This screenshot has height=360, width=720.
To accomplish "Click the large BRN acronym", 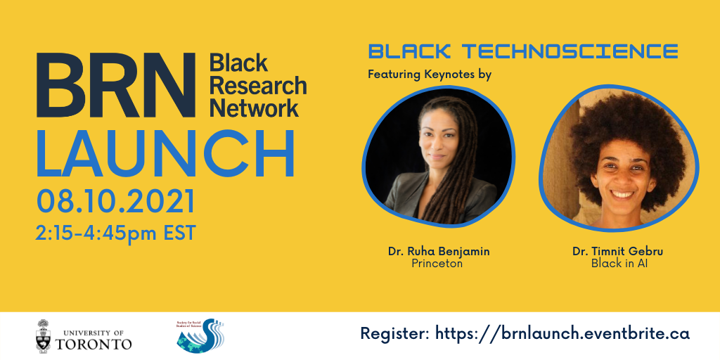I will coord(115,86).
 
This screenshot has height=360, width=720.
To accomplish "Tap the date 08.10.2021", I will coord(115,202).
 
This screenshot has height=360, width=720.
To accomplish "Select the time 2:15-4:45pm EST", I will coord(115,232).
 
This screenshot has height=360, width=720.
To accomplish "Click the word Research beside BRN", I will coord(258,86).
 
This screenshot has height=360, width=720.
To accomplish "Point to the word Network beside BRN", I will coord(254,108).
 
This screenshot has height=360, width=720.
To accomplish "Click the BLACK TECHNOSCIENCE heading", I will coord(522,51).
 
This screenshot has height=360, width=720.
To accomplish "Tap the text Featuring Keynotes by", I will coord(429,74).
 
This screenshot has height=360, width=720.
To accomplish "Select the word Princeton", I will coord(437,264).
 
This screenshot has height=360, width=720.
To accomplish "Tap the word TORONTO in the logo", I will coord(94,344).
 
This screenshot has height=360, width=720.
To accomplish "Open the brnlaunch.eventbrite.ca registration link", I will coord(562,333).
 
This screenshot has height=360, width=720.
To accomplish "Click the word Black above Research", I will coord(238,63).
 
